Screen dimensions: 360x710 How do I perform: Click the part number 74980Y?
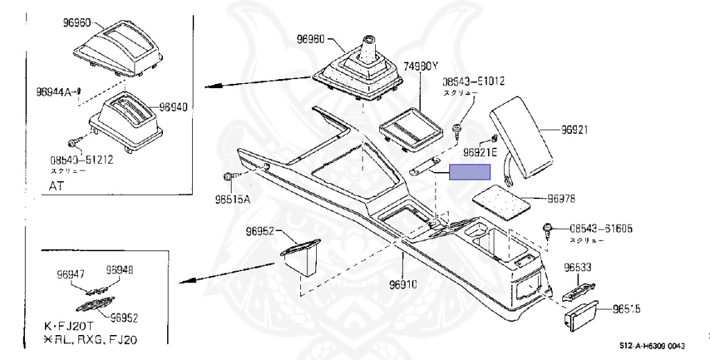tap(422, 67)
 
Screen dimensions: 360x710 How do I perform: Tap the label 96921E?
tap(480, 152)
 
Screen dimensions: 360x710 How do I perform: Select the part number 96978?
tap(561, 199)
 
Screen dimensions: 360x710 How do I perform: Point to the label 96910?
tap(404, 285)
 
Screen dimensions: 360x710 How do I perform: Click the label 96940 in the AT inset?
tap(173, 107)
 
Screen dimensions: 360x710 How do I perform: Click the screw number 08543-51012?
tap(474, 81)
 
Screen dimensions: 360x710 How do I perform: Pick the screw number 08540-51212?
tap(82, 159)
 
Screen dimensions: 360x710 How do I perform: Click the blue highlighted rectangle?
tap(469, 171)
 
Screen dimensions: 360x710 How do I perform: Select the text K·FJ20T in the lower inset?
tap(67, 325)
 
